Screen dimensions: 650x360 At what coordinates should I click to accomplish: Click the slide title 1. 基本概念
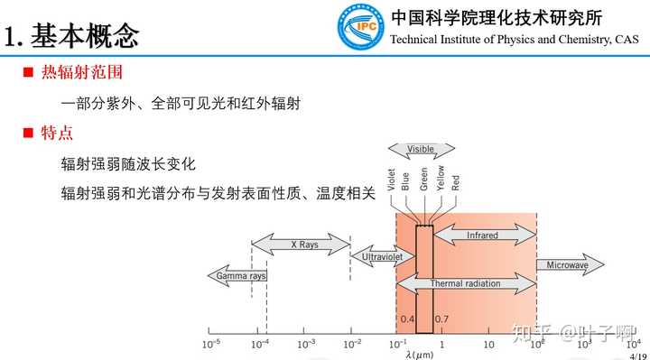pos(71,35)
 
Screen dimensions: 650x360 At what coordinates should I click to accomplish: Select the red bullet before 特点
pos(27,134)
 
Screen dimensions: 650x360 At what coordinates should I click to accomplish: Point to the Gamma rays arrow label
pos(236,275)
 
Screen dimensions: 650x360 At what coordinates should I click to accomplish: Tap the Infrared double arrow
pos(484,235)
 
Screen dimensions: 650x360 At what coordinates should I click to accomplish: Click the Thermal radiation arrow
pos(465,283)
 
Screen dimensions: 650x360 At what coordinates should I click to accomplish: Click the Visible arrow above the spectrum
pos(421,149)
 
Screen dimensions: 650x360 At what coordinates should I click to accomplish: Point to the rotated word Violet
pos(392,180)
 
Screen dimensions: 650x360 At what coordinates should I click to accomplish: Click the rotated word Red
pos(455,180)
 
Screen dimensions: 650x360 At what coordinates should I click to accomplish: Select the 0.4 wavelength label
pos(406,319)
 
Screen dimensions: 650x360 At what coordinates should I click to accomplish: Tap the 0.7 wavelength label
pos(442,319)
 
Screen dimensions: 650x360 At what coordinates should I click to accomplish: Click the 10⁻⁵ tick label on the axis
pos(212,344)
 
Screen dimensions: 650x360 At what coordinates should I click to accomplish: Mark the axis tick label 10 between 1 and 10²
pos(488,344)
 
